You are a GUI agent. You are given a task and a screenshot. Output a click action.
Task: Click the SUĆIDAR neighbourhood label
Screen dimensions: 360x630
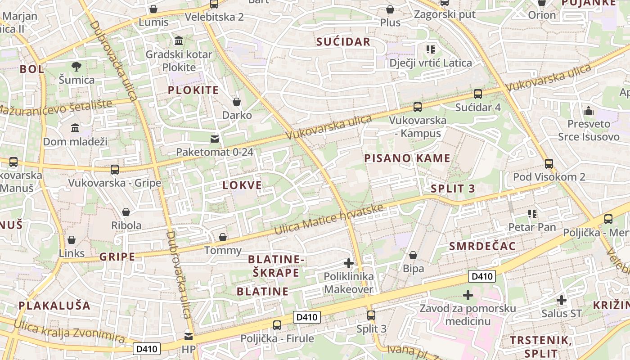(x=343, y=42)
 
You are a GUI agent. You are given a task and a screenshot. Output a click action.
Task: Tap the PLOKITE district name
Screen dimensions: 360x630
(x=193, y=90)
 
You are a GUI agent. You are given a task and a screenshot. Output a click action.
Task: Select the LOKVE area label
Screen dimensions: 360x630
(x=242, y=185)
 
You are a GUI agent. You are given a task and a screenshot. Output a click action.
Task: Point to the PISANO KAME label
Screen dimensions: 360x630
(x=407, y=158)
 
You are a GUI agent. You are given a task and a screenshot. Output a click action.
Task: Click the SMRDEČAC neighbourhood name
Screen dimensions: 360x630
(x=482, y=246)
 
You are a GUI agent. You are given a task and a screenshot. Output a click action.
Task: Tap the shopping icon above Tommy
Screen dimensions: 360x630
(x=222, y=237)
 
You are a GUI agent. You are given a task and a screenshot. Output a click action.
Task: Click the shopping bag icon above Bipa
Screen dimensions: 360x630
(x=413, y=255)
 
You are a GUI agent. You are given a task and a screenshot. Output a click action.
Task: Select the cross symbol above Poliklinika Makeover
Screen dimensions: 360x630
(x=348, y=263)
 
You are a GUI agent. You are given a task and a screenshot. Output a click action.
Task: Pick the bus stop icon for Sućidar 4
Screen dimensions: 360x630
(x=477, y=94)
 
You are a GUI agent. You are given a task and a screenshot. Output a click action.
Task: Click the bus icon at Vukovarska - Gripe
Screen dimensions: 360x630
(x=115, y=170)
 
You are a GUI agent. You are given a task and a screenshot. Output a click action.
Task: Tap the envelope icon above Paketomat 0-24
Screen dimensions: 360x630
(x=215, y=139)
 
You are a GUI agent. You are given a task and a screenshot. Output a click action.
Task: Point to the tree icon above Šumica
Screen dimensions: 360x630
(x=76, y=67)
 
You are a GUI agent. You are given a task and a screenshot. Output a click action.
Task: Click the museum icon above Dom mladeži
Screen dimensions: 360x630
(x=75, y=128)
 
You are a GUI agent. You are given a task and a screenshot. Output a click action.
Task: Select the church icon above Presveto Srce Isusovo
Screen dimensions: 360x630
(x=588, y=110)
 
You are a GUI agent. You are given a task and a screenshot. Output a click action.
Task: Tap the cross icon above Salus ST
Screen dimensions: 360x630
(x=561, y=300)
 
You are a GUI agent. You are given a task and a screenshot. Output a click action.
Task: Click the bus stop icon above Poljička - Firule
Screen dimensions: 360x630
(x=277, y=325)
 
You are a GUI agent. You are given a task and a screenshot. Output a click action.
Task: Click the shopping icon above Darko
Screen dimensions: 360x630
(x=237, y=102)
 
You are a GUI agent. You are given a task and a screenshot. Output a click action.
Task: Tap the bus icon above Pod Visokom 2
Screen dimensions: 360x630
(x=549, y=163)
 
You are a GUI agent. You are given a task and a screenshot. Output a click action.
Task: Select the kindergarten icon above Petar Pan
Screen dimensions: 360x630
(x=532, y=214)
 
